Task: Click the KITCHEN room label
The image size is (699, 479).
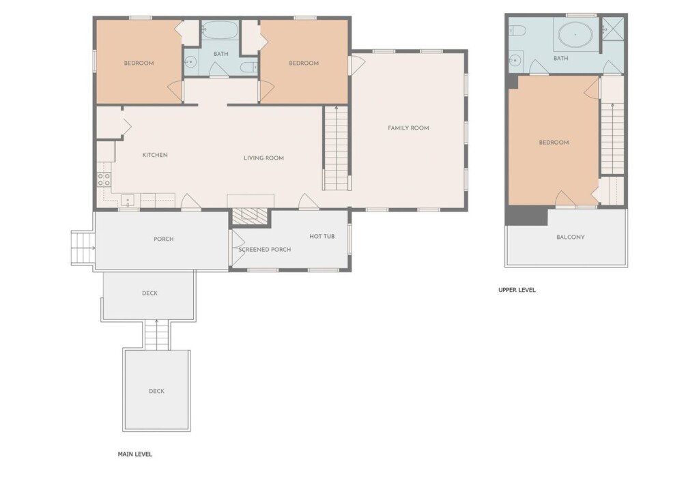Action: click(155, 155)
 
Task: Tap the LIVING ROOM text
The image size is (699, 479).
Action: click(263, 158)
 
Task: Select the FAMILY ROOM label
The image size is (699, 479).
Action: click(408, 128)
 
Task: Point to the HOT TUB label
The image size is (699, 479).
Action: click(322, 236)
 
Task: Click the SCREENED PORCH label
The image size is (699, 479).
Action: click(264, 250)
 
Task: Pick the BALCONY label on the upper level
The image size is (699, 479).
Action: click(570, 237)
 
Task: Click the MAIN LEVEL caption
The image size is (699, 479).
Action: click(134, 454)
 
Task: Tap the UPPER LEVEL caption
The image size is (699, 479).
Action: click(517, 289)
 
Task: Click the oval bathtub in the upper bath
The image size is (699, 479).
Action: click(575, 34)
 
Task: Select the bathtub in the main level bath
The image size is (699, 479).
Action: click(219, 30)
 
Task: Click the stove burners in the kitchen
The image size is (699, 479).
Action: click(104, 179)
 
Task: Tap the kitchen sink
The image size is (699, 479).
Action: click(128, 200)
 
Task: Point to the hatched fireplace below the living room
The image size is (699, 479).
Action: click(250, 216)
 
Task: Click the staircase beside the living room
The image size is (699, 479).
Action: click(336, 148)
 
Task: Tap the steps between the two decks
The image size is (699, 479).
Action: click(156, 335)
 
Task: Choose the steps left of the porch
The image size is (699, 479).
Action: click(83, 248)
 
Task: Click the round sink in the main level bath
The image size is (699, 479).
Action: click(191, 62)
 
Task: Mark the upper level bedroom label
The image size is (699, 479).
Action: click(554, 143)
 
